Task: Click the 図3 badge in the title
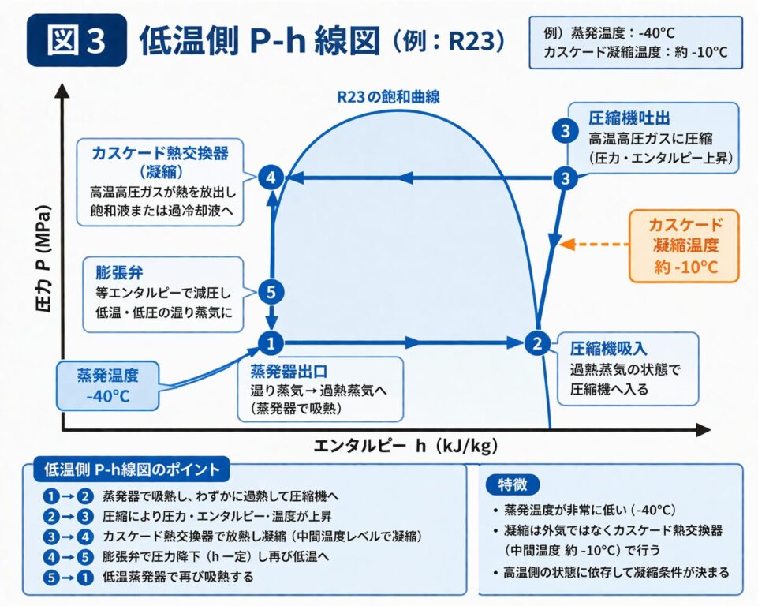76,40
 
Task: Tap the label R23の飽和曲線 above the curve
387,97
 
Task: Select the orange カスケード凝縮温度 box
685,245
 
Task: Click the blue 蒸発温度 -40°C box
108,384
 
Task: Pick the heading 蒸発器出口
283,371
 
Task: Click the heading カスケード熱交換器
155,151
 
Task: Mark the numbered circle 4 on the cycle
271,178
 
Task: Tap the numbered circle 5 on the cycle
271,292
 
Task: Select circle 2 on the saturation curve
536,342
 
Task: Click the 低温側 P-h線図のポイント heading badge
132,469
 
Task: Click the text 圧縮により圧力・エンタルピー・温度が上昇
225,517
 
